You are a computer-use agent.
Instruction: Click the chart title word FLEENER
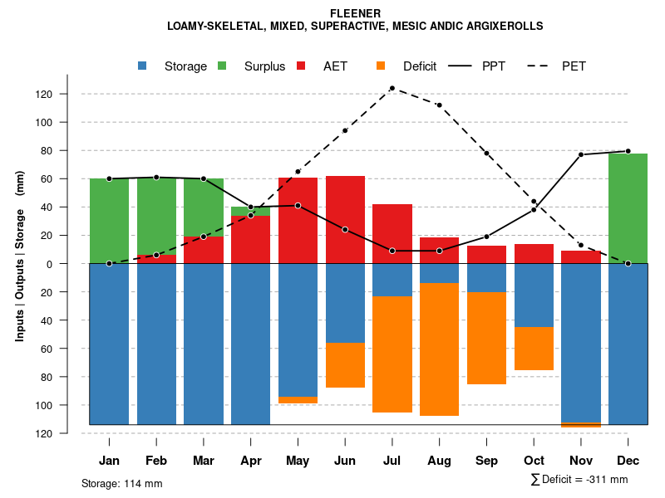pyautogui.click(x=355, y=13)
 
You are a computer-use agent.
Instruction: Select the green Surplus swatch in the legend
pyautogui.click(x=222, y=66)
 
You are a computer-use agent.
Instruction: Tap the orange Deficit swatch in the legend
pyautogui.click(x=381, y=66)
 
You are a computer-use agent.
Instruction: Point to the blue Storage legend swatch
pyautogui.click(x=143, y=66)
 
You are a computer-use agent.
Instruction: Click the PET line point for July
pyautogui.click(x=392, y=88)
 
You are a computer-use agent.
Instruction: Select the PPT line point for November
pyautogui.click(x=581, y=154)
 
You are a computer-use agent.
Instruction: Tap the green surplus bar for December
pyautogui.click(x=628, y=208)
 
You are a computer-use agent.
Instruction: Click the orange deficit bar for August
pyautogui.click(x=439, y=349)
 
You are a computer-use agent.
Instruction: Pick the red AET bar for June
pyautogui.click(x=345, y=219)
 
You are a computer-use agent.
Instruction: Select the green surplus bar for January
pyautogui.click(x=109, y=221)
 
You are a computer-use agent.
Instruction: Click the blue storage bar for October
pyautogui.click(x=534, y=295)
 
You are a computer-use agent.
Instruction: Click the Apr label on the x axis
pyautogui.click(x=251, y=461)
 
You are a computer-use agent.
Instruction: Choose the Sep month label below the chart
pyautogui.click(x=486, y=461)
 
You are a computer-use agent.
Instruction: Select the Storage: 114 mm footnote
pyautogui.click(x=121, y=483)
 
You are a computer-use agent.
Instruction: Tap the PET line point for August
pyautogui.click(x=439, y=105)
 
